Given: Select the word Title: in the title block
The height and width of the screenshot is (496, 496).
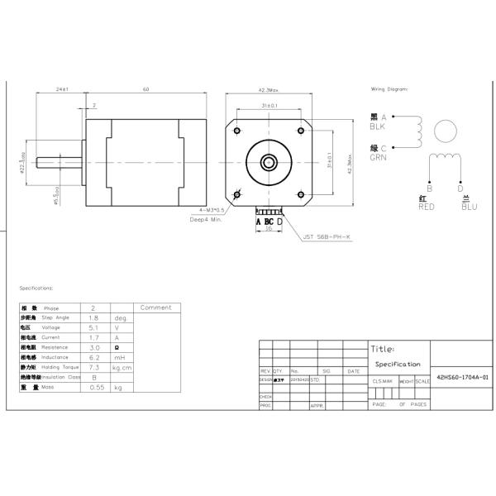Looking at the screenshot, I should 383,349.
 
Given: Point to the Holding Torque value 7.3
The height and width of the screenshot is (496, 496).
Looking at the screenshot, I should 93,366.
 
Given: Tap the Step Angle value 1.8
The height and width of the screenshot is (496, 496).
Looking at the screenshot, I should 93,317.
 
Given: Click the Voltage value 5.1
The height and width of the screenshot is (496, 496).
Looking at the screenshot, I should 93,327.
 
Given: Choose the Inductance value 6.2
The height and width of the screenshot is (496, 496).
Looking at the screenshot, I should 93,356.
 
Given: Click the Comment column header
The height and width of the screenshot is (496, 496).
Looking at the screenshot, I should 155,308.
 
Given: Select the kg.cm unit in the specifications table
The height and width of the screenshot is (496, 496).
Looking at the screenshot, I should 122,366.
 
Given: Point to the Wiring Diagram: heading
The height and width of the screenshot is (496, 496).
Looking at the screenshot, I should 389,88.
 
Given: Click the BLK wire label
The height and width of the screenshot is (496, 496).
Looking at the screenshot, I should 378,127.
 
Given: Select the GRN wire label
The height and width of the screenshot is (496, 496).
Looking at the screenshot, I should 379,157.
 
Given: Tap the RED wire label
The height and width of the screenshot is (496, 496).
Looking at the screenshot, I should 427,207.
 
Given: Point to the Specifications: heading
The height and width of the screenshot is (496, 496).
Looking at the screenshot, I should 36,289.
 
